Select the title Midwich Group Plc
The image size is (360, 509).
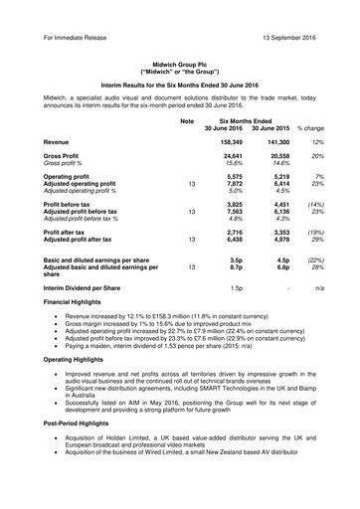(x=180, y=61)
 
